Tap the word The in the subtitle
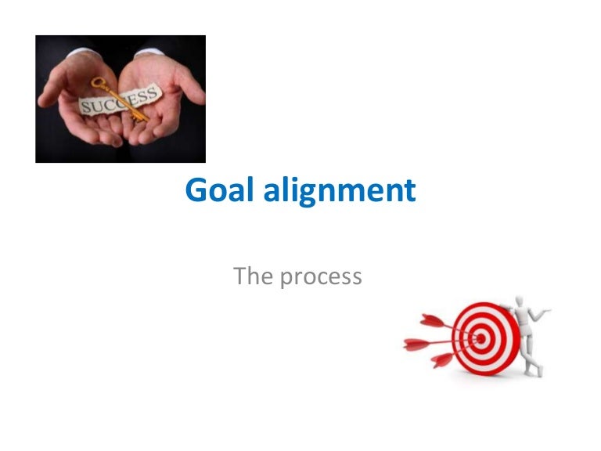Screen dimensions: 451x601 pos(252,276)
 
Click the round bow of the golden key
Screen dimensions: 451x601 pos(99,83)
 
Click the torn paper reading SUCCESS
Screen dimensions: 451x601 pos(117,102)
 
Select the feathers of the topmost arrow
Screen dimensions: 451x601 pos(433,319)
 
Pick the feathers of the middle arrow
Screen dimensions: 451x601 pos(417,343)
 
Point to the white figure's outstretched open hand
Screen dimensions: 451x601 pos(545,312)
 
